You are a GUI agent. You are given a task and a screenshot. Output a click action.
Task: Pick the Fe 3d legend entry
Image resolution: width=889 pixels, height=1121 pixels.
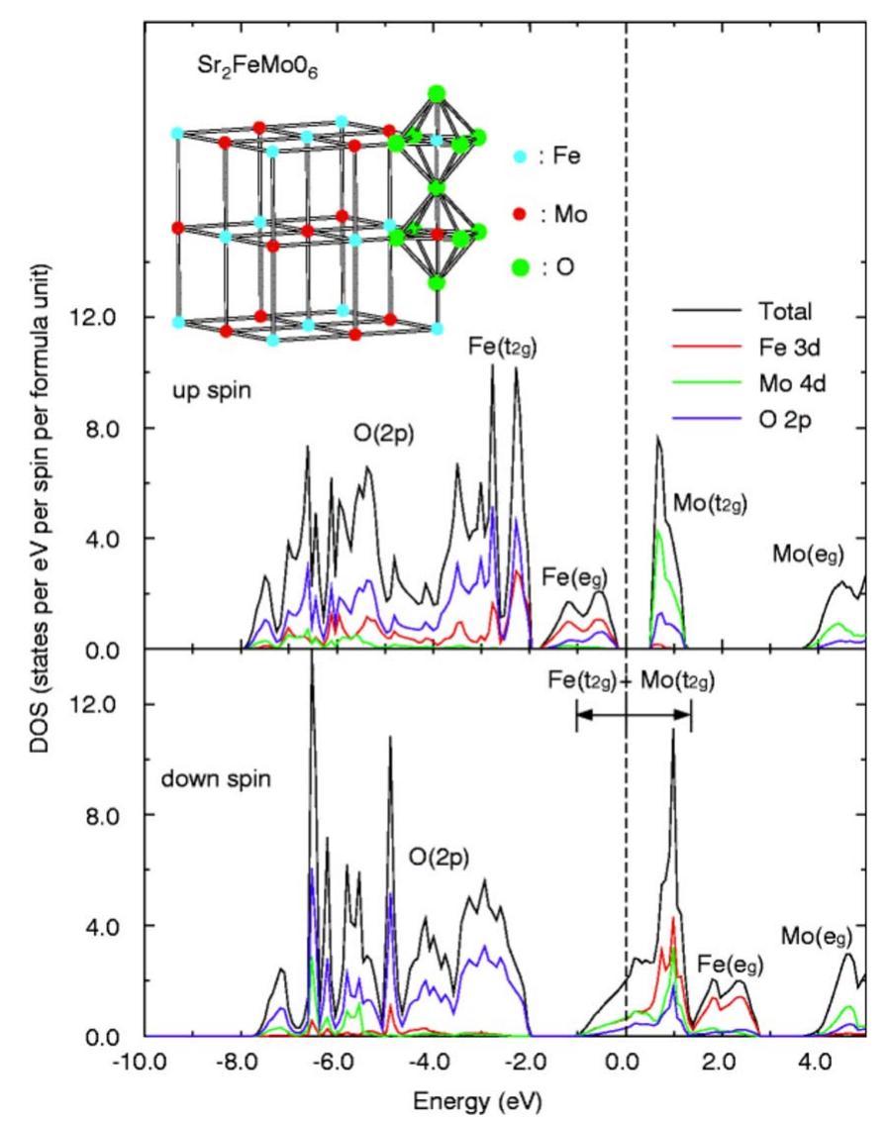[x=786, y=348]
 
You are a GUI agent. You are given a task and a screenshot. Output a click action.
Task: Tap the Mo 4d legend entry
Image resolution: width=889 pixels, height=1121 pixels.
[x=788, y=384]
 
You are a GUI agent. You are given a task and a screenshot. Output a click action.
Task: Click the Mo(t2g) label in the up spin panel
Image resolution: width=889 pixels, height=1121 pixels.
[x=709, y=502]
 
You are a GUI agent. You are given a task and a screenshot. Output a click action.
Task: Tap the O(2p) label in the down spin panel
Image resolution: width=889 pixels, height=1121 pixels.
[x=441, y=855]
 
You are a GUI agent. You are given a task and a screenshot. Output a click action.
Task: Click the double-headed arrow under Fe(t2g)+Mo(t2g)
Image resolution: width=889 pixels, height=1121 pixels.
[x=633, y=714]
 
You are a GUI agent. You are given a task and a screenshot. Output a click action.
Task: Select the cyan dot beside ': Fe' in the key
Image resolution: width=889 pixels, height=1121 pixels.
[x=520, y=157]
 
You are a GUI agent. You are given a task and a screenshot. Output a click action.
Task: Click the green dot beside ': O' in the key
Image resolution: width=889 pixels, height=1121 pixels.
[x=520, y=267]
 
